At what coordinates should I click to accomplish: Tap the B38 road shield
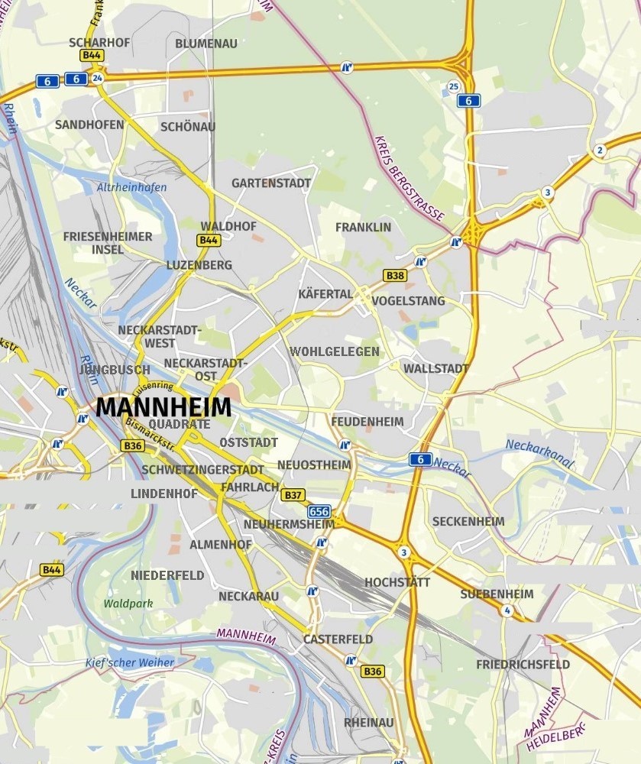(x=395, y=275)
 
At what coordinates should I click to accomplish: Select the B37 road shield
(x=293, y=495)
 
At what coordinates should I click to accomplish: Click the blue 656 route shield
(x=319, y=511)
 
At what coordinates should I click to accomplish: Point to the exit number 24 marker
(x=97, y=78)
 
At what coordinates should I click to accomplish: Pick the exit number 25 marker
(x=454, y=86)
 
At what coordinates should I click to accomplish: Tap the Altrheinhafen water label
(x=131, y=187)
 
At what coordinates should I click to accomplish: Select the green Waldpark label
(x=128, y=604)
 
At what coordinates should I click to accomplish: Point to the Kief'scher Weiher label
(x=130, y=662)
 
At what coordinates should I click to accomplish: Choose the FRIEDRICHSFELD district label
(x=523, y=665)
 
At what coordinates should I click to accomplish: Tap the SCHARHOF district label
(x=99, y=43)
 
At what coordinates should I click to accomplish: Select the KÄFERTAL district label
(x=325, y=294)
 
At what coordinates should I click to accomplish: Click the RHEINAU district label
(x=369, y=722)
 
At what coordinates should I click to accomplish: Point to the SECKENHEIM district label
(x=468, y=522)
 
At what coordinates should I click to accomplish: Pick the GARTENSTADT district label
(x=271, y=183)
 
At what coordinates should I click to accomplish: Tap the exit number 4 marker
(x=507, y=610)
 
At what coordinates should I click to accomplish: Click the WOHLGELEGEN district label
(x=335, y=351)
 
